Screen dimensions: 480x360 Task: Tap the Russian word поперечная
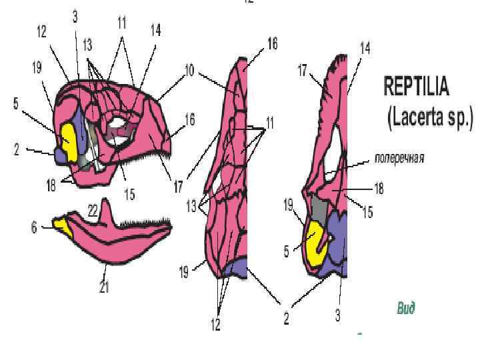pyautogui.click(x=399, y=159)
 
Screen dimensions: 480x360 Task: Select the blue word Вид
pyautogui.click(x=406, y=307)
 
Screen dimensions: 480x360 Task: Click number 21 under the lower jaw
pyautogui.click(x=104, y=287)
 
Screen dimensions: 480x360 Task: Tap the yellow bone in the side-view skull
pyautogui.click(x=68, y=137)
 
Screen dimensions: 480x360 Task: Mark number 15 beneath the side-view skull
pyautogui.click(x=129, y=194)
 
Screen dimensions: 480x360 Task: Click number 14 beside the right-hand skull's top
pyautogui.click(x=365, y=48)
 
